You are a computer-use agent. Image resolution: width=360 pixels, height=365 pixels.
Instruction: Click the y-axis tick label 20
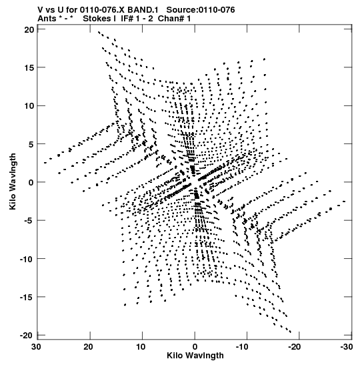pos(29,29)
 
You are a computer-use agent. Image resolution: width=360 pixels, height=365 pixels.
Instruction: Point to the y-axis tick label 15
pos(29,68)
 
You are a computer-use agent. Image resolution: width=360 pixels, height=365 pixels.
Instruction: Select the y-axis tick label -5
pos(29,220)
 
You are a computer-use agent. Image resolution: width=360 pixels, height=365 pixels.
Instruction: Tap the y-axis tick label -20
pos(27,336)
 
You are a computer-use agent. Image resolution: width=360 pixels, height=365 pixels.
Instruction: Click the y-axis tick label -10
pos(27,259)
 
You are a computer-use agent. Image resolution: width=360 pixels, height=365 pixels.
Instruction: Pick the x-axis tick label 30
pos(36,347)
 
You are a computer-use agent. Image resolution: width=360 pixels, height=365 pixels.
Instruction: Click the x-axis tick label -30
pos(347,347)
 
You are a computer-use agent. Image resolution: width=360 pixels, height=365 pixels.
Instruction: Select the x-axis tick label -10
pos(243,347)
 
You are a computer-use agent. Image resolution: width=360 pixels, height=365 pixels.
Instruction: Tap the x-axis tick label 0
pos(195,347)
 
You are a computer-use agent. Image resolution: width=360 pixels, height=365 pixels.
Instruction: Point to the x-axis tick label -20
pos(295,347)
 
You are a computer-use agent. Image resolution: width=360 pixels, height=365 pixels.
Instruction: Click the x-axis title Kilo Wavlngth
pos(195,356)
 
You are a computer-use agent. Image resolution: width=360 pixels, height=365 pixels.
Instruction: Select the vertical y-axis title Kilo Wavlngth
pos(13,181)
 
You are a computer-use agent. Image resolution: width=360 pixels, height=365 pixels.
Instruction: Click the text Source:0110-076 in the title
pos(201,10)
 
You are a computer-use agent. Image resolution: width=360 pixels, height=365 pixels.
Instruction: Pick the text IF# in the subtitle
pos(127,19)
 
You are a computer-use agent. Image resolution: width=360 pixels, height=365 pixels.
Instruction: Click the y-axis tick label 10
pos(29,106)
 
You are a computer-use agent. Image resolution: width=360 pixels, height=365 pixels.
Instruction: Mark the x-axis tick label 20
pos(89,347)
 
